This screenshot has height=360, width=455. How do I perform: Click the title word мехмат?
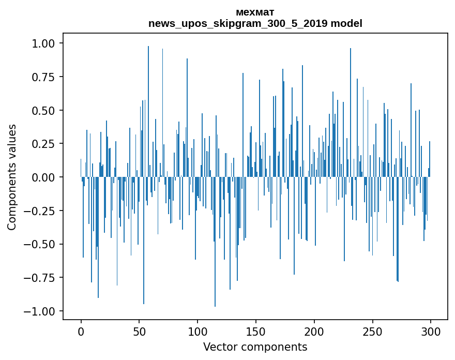tap(255, 12)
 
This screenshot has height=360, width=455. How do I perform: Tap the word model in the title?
tap(346, 23)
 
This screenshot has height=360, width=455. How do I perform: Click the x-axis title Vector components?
tap(255, 347)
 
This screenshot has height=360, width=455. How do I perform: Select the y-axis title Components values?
tap(12, 177)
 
